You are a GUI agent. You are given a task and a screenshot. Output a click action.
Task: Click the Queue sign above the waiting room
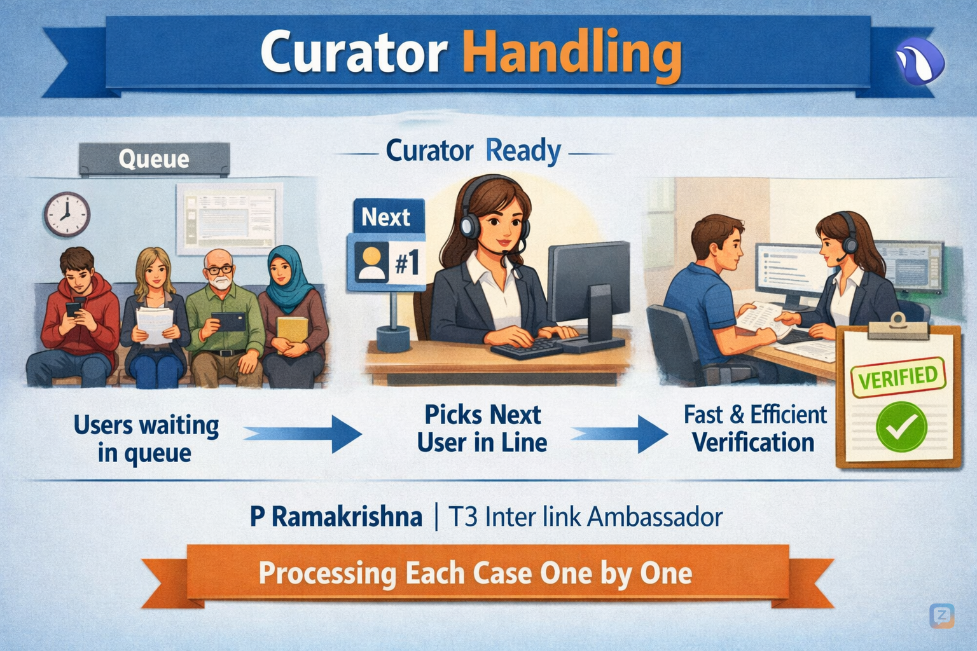click(x=154, y=158)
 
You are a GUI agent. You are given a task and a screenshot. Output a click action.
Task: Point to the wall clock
click(x=66, y=214)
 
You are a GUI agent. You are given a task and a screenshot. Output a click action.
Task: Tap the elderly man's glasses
click(x=220, y=270)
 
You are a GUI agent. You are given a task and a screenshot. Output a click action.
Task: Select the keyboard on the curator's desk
click(x=527, y=347)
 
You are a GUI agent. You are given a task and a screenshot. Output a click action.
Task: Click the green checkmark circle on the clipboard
click(x=901, y=427)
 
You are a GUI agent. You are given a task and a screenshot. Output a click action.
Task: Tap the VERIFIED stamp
click(x=897, y=377)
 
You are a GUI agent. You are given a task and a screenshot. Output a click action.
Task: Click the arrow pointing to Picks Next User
click(x=304, y=434)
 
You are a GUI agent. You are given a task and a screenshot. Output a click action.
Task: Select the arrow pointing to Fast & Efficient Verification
click(x=620, y=434)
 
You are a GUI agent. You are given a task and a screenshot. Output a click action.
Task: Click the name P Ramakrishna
click(x=336, y=516)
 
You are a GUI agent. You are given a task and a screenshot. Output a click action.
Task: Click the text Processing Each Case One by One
click(x=475, y=573)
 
